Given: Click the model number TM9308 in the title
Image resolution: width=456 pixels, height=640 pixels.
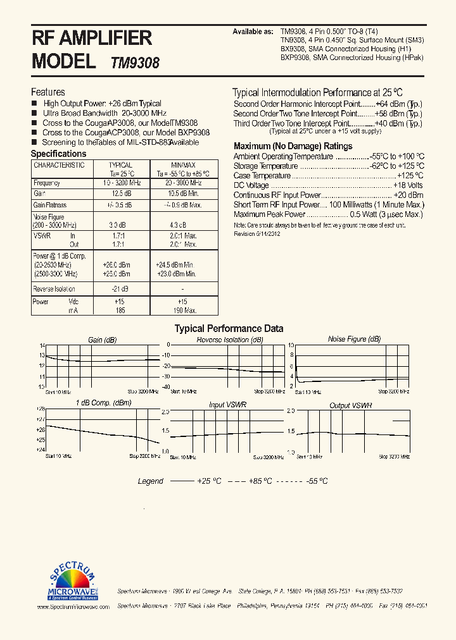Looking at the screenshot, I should tap(135, 63).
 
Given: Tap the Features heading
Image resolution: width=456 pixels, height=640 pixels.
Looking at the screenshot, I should tap(48, 92).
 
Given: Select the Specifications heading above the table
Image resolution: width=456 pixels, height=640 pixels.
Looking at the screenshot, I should tap(58, 154).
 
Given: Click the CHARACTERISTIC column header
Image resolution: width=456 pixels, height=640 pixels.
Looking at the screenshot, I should tap(59, 165).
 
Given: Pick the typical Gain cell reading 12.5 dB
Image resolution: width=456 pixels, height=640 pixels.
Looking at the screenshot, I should tap(120, 194).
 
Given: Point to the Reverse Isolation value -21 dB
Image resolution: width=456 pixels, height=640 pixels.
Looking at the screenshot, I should tap(120, 288).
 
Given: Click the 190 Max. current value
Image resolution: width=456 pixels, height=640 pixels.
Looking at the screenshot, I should tap(183, 311).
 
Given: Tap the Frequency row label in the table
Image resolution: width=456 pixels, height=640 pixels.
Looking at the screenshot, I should tap(47, 183).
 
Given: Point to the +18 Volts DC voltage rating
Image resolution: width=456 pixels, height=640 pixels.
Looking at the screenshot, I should tap(408, 185).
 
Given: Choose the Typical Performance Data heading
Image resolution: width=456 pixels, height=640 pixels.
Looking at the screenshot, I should tap(229, 329).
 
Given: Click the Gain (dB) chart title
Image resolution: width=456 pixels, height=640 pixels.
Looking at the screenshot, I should tap(102, 340).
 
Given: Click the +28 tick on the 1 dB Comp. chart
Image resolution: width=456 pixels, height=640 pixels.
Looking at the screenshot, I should tap(41, 409).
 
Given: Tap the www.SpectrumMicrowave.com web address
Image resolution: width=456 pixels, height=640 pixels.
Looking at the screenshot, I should tap(73, 606).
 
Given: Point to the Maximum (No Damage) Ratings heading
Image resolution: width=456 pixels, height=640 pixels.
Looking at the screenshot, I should tap(293, 146).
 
